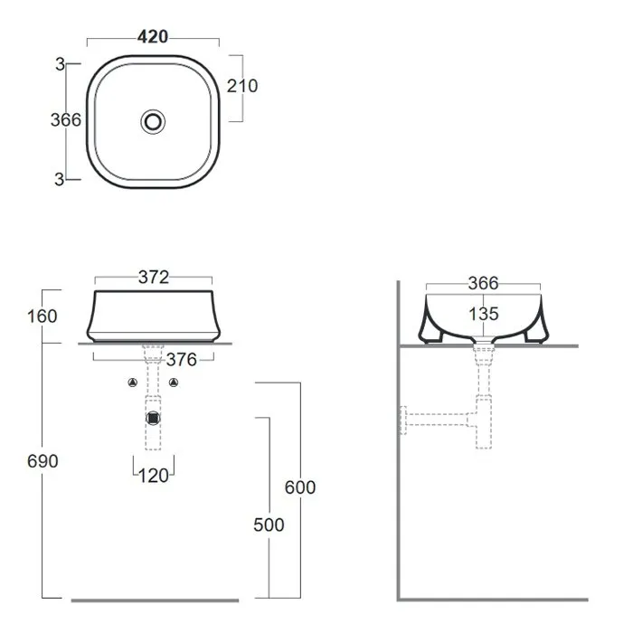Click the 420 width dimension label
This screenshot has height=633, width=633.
[153, 37]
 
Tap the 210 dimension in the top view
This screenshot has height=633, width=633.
[242, 86]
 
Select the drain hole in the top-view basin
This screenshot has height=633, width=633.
[153, 121]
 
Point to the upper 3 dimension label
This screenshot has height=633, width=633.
[61, 64]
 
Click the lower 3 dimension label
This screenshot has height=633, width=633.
[60, 179]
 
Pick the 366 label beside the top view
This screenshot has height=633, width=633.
[66, 120]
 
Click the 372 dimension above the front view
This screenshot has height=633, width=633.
[154, 278]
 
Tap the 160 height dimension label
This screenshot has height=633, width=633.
[42, 316]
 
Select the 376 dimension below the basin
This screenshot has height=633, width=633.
[182, 360]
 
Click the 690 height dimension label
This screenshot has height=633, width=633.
[43, 461]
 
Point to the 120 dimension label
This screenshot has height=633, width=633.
[154, 476]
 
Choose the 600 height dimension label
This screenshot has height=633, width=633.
[300, 487]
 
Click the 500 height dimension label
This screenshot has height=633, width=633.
[269, 524]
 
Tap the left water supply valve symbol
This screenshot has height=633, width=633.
[132, 383]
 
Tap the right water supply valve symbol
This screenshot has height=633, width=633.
[174, 383]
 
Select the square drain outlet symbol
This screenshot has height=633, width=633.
[153, 419]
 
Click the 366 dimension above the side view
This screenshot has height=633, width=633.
[483, 283]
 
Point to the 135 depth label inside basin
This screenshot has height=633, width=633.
[484, 314]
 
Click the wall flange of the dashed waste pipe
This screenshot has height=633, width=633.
[403, 420]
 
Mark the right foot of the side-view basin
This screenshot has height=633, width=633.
[536, 337]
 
